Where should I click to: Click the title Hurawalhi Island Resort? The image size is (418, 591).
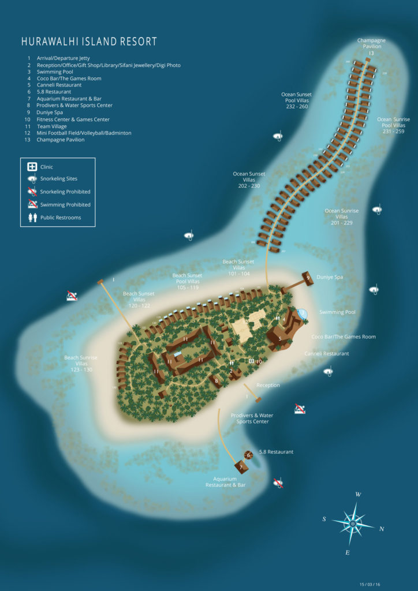(89, 42)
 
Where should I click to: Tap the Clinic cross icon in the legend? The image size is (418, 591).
(32, 167)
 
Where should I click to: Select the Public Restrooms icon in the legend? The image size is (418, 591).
(32, 218)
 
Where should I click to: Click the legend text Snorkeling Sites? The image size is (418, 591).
(58, 179)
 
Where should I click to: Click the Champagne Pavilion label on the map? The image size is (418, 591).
(371, 43)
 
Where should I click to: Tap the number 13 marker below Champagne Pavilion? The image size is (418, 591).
(371, 53)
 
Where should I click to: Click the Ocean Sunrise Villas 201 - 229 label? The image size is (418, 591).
(341, 216)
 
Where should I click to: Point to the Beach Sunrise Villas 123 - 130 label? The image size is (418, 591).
(81, 364)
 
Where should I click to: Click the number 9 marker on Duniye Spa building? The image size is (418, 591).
(308, 278)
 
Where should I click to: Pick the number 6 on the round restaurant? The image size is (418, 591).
(248, 455)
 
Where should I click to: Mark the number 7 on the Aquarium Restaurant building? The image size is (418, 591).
(241, 467)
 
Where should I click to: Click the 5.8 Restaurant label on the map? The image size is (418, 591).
(276, 452)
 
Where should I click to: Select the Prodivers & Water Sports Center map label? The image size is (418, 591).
(252, 418)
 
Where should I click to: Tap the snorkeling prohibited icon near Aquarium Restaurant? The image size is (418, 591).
(278, 482)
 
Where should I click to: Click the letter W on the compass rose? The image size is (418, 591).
(358, 495)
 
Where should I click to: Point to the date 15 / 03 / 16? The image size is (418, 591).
(370, 583)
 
